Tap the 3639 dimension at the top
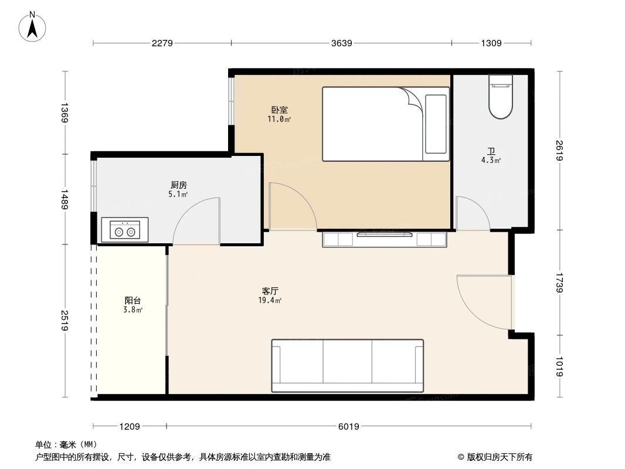341,43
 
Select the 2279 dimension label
162,43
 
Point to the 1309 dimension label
491,43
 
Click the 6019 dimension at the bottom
349,426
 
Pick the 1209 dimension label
130,426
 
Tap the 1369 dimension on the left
64,112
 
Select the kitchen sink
125,230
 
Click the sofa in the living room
347,365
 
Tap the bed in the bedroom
385,124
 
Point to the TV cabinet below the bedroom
385,239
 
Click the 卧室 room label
279,110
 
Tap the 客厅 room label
270,291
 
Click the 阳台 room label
133,300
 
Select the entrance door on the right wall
484,302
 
